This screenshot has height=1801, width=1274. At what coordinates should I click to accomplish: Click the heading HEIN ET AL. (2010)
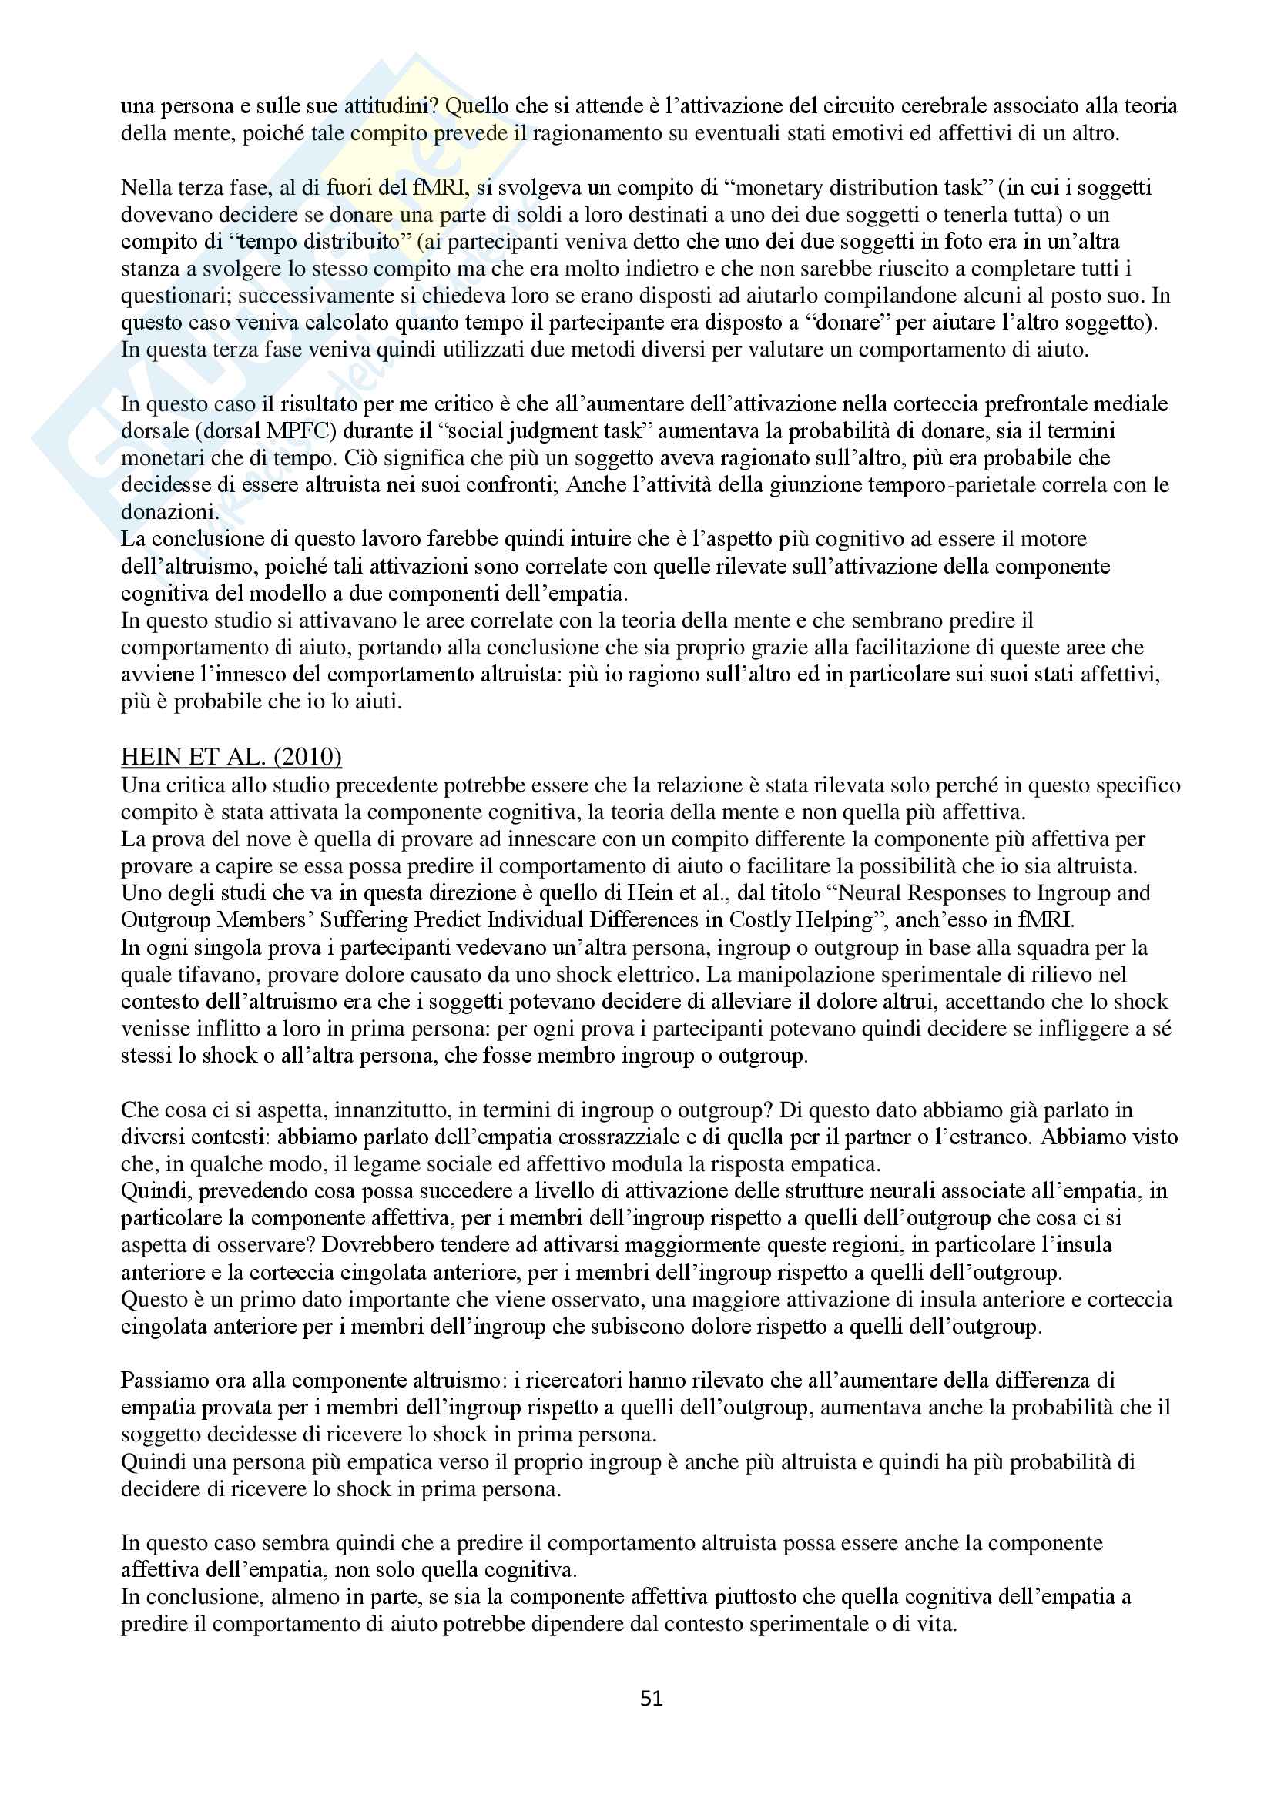click(x=230, y=756)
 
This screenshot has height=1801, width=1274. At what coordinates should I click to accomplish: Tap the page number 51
click(x=652, y=1699)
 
